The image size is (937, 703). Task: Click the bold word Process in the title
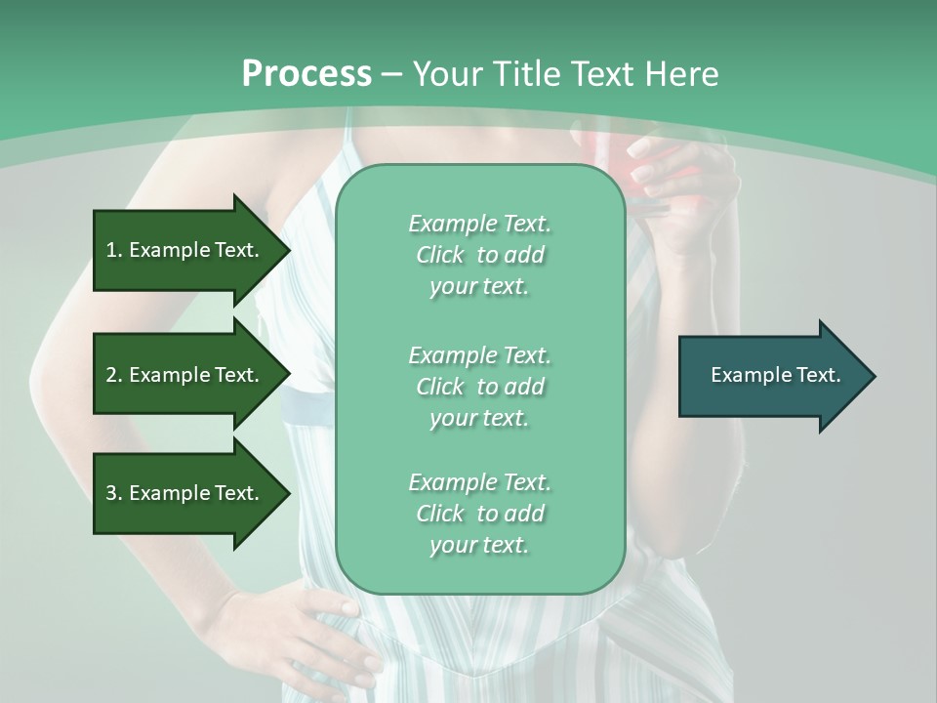(306, 74)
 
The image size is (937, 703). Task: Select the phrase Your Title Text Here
(565, 74)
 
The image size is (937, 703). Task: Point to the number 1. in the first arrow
(114, 250)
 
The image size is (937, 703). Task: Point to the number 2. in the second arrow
(114, 375)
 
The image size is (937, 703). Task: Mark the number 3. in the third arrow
(114, 493)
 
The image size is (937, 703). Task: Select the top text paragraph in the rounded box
(479, 255)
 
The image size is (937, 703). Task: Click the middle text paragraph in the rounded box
(479, 387)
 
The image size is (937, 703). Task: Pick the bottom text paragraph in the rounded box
(479, 514)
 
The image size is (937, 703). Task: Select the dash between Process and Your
(391, 74)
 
